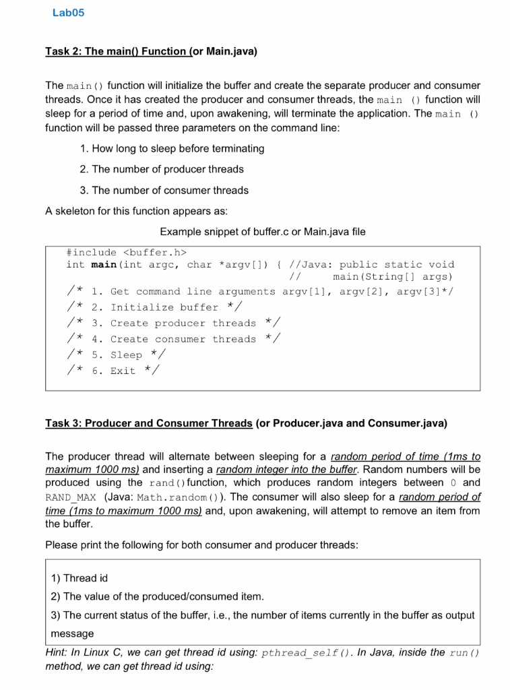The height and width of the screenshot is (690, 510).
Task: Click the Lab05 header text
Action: tap(68, 13)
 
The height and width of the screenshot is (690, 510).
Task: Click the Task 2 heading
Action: tap(151, 51)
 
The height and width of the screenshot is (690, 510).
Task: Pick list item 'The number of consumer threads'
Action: tap(164, 190)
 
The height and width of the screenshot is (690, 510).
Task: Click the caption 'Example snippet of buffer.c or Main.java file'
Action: tap(263, 231)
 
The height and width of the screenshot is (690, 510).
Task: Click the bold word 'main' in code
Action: tap(104, 265)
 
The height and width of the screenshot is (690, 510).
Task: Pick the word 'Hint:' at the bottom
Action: tap(59, 652)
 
